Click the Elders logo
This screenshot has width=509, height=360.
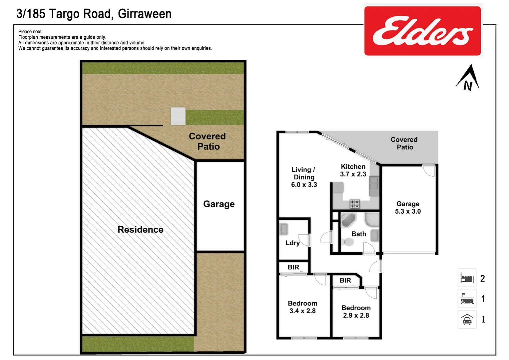(422, 31)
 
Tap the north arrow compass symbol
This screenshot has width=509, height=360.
(468, 78)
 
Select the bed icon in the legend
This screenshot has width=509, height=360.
(467, 278)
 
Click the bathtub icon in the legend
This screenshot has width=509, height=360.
(467, 298)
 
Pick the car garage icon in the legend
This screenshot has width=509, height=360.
(467, 319)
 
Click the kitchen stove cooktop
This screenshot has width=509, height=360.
(355, 204)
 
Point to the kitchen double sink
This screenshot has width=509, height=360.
(374, 186)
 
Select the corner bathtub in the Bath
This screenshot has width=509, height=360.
(348, 220)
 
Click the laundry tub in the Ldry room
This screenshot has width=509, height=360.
(284, 229)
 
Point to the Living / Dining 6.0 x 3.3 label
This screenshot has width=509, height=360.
(304, 177)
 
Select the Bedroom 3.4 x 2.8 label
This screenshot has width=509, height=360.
(302, 307)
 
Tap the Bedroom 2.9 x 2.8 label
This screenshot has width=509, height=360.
(356, 312)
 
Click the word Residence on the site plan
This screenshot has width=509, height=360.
(140, 230)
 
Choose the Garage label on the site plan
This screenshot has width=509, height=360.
(219, 204)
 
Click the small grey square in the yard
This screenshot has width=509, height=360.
(178, 116)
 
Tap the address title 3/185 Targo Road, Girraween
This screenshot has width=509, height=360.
(94, 14)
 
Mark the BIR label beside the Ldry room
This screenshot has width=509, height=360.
(293, 267)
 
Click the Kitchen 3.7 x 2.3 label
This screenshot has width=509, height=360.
(353, 170)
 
